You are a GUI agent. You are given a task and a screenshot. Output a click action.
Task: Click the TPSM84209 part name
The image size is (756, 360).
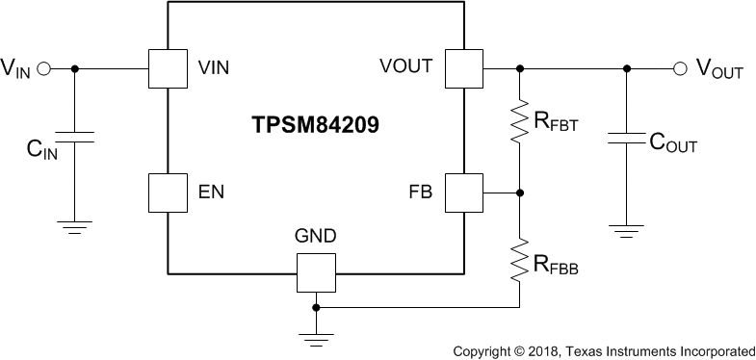316,126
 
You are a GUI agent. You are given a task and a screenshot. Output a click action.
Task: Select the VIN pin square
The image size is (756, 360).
169,68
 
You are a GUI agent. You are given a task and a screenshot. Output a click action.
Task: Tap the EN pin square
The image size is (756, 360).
169,193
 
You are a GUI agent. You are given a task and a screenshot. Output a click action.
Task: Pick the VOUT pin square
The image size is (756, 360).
463,68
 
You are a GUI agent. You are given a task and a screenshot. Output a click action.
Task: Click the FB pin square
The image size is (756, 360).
463,193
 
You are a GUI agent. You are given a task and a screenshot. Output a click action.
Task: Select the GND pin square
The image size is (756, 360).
316,272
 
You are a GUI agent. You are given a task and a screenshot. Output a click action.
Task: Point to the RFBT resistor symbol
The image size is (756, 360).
520,121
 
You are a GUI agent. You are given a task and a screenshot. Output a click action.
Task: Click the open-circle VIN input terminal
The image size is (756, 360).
43,68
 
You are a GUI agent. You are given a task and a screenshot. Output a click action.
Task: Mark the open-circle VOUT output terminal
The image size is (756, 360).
680,68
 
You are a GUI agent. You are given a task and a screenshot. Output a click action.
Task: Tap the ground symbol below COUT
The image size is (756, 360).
627,230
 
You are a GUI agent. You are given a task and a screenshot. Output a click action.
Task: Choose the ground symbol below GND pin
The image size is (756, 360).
316,336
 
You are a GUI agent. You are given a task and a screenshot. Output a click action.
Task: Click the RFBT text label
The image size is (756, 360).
556,122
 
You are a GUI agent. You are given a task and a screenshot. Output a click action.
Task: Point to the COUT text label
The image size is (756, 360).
673,144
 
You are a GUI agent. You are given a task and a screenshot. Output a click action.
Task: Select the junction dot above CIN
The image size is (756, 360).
75,68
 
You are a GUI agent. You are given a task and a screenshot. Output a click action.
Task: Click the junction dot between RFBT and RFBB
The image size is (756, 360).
520,193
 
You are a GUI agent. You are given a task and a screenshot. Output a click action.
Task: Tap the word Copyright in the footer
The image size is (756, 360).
482,350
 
